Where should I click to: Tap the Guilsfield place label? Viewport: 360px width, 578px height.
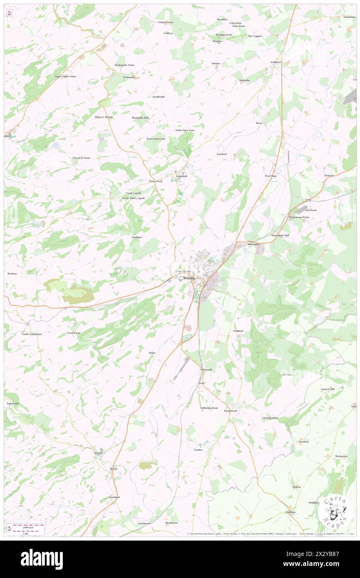tap(182, 176)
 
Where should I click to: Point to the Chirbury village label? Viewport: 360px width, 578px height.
tap(291, 512)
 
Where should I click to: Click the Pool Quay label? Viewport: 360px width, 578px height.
tap(271, 176)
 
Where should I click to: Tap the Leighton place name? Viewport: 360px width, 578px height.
tap(238, 331)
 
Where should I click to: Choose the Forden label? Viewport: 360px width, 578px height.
tap(198, 450)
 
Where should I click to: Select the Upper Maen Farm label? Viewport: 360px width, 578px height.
tap(65, 77)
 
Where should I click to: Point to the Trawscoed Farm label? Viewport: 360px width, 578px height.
tap(156, 138)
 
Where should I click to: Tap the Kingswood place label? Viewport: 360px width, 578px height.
tap(230, 411)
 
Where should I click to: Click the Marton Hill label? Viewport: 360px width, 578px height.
tap(327, 389)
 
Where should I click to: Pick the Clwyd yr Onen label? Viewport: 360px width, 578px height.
tap(81, 158)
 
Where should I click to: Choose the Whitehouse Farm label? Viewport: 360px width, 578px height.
tap(299, 217)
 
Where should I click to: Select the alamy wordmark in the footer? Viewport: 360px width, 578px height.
tap(42, 559)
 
